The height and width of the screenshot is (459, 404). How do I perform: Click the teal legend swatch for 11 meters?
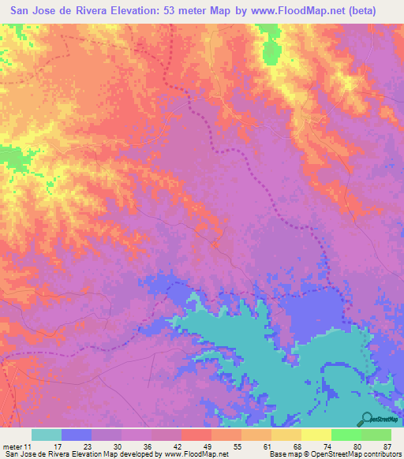click(x=47, y=435)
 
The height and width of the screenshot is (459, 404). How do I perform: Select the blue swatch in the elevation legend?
click(x=77, y=435)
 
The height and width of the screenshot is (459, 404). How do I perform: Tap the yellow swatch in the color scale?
click(x=316, y=435)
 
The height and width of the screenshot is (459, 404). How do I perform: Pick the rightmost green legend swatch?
click(x=376, y=435)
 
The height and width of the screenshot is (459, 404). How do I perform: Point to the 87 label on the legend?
click(x=386, y=446)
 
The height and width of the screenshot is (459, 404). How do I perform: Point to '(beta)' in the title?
click(x=359, y=10)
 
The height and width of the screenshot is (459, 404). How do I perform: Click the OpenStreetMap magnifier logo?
click(x=368, y=418)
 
